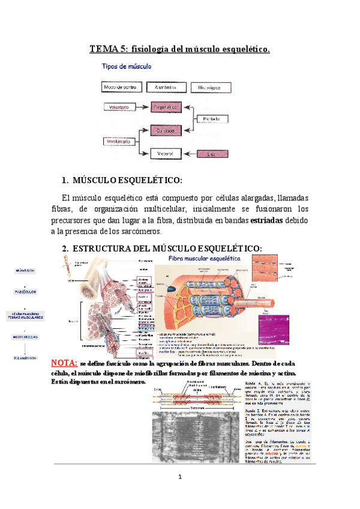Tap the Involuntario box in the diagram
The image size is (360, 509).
(118, 143)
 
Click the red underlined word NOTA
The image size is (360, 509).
(64, 364)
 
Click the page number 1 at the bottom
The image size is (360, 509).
(179, 477)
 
